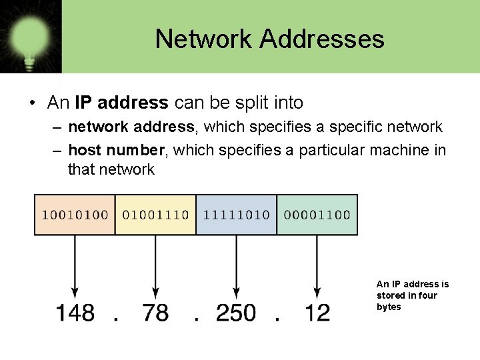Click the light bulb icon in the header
tap(31, 36)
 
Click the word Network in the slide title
tap(204, 39)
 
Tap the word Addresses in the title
tap(322, 39)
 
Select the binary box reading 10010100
tap(75, 215)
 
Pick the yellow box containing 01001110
tap(156, 215)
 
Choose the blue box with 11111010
tap(237, 215)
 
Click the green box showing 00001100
tap(317, 215)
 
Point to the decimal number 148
tap(75, 312)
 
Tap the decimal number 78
tap(156, 312)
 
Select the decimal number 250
tap(236, 312)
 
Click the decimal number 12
tap(317, 312)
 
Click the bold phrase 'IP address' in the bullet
tap(121, 103)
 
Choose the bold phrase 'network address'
tap(131, 127)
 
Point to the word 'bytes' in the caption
tap(389, 307)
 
